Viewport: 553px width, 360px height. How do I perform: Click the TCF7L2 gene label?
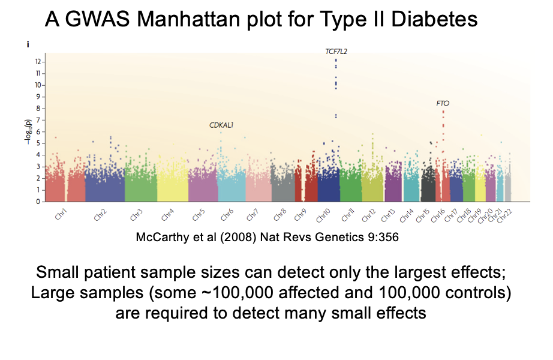coord(336,52)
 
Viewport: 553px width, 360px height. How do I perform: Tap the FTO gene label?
coord(443,103)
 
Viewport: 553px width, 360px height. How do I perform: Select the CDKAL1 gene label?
coord(221,125)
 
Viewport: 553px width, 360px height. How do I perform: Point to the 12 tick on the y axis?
coord(38,62)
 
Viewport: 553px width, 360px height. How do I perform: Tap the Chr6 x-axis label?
coord(227,215)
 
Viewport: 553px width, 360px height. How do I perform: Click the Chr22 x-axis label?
coord(504,217)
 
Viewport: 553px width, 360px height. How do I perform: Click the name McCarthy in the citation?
coord(163,237)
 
